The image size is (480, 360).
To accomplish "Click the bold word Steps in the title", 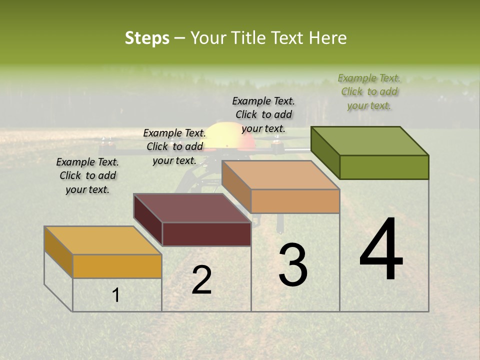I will [x=147, y=38].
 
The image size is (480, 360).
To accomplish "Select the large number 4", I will [x=381, y=250].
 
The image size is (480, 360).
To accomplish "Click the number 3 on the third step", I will [x=293, y=265].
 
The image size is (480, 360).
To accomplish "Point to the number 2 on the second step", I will [x=201, y=280].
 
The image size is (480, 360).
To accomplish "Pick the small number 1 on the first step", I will [x=116, y=295].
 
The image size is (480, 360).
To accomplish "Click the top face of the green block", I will [x=370, y=140].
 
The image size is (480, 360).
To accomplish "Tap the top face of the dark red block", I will [x=192, y=207].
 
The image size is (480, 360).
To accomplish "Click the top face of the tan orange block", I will [x=281, y=175].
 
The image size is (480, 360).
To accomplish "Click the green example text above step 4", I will [x=369, y=91].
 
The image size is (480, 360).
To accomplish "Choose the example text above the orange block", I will [x=263, y=114].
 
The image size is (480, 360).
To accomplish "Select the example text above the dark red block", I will [x=174, y=146].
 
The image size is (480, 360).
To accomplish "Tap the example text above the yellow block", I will [x=87, y=175].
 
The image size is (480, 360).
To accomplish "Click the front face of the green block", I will [x=384, y=167].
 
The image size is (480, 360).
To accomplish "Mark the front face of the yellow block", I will [x=117, y=266].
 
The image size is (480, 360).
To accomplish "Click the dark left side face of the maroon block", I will [x=148, y=219].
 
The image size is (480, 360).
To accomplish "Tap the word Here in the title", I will [x=328, y=38].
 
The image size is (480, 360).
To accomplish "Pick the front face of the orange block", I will [x=295, y=201].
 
